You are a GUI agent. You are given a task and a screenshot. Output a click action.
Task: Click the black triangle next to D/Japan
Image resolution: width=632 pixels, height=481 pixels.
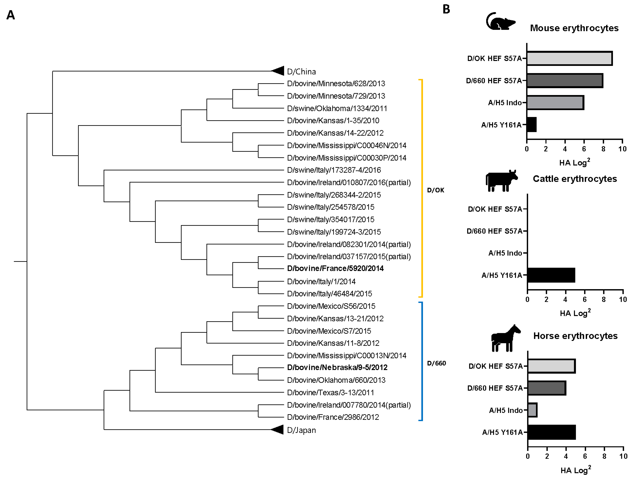tap(278, 429)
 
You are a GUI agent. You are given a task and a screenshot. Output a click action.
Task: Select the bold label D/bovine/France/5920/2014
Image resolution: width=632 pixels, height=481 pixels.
tap(335, 268)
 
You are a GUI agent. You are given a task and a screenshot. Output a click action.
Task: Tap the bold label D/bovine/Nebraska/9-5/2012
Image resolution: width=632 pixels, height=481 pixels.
tap(337, 367)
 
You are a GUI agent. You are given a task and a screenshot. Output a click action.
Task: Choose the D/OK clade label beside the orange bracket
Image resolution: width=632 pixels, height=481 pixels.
tap(435, 190)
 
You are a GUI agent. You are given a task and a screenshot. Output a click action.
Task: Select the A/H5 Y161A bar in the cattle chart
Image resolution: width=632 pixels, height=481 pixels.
tap(551, 275)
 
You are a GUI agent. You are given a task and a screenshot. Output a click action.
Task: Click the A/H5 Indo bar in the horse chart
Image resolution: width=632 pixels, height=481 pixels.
tap(532, 410)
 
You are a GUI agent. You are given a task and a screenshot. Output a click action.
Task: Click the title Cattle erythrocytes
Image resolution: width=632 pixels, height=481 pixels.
tap(575, 179)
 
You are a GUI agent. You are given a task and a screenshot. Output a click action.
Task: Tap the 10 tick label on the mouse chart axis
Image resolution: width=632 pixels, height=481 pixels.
tap(622, 149)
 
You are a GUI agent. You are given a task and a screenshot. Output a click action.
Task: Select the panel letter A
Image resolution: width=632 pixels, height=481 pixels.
tap(11, 15)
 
